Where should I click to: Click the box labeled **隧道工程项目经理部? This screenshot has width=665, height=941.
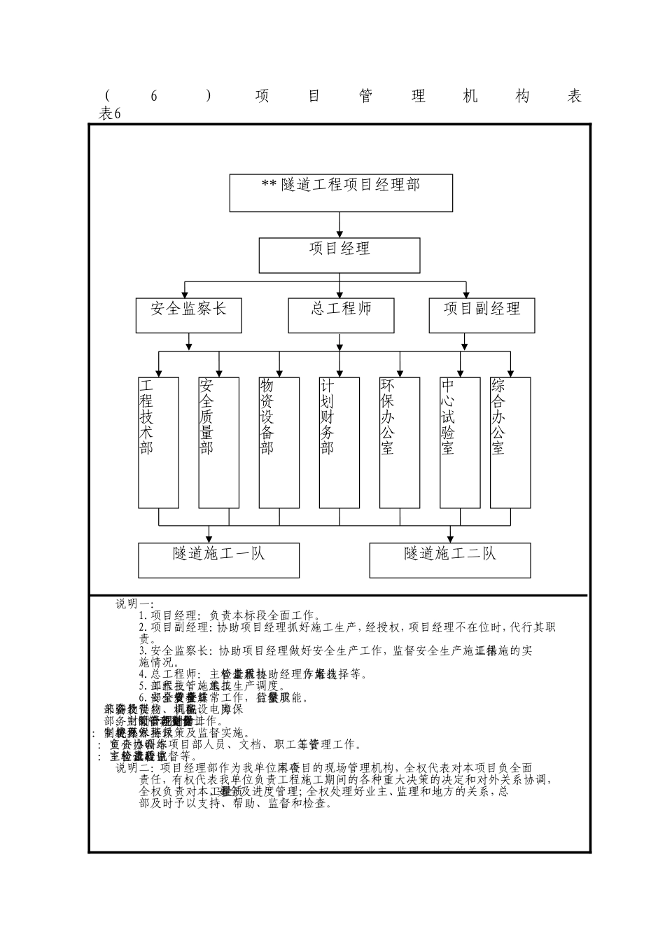click(x=341, y=193)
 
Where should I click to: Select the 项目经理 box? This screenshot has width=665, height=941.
click(x=339, y=255)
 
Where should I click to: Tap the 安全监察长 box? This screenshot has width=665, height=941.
click(x=188, y=315)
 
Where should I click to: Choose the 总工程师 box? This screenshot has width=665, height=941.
click(x=341, y=315)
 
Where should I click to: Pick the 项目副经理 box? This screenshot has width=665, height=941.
click(x=482, y=315)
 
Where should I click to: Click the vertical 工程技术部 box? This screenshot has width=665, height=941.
click(x=158, y=442)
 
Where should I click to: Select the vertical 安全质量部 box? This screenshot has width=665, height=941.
click(x=218, y=442)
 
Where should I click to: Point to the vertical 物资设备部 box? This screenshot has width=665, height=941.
click(x=279, y=442)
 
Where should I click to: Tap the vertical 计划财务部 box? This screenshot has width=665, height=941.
click(x=339, y=442)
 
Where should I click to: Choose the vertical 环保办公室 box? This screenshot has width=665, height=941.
click(x=400, y=442)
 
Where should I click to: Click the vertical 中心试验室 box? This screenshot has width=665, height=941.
click(x=460, y=442)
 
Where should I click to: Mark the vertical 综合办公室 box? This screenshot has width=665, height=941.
click(x=510, y=442)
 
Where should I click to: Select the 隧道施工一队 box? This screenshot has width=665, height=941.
click(x=218, y=560)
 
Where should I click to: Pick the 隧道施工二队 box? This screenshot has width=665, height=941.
click(x=449, y=560)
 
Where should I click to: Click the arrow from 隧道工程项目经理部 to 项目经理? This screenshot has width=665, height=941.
click(x=339, y=225)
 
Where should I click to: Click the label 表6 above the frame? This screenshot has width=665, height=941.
click(x=111, y=114)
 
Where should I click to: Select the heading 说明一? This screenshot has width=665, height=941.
click(x=134, y=604)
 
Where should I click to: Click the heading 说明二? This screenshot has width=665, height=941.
click(x=134, y=768)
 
